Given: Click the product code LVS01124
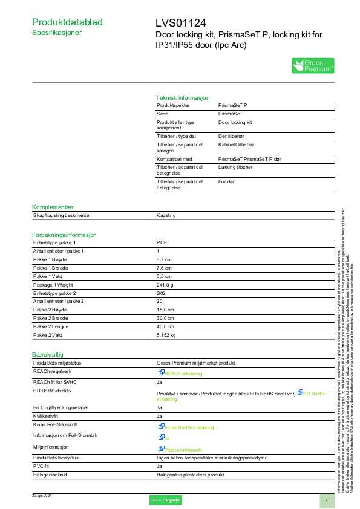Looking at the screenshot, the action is (180, 23).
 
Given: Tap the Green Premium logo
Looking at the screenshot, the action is (313, 66).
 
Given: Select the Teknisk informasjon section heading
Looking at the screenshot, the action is (182, 97).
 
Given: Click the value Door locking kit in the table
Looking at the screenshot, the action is (235, 122).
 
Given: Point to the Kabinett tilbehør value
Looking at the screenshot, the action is (238, 144).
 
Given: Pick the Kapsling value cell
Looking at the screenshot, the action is (166, 215).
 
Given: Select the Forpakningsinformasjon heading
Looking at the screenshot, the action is (64, 235).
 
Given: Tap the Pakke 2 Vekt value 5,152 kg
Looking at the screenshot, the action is (166, 334).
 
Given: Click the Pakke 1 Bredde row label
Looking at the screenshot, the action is (50, 268).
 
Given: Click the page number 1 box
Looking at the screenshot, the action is (326, 501).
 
